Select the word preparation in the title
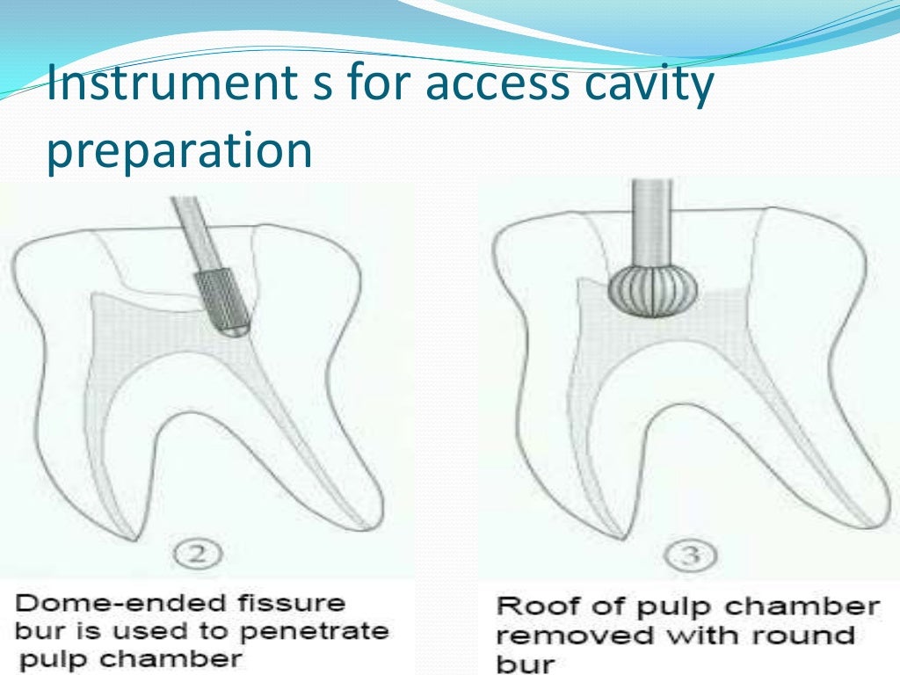179,150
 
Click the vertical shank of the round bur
653,220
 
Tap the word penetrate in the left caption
326,631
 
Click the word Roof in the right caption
528,607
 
